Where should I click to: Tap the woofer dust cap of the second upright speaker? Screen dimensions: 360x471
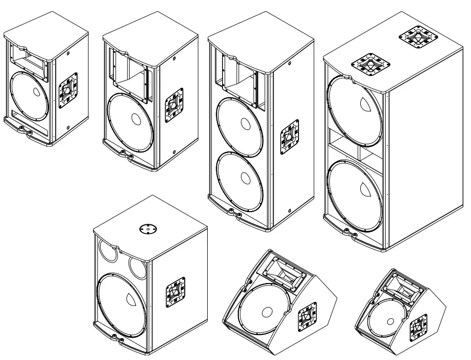tap(136, 118)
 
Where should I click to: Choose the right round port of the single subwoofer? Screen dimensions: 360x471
tap(139, 265)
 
